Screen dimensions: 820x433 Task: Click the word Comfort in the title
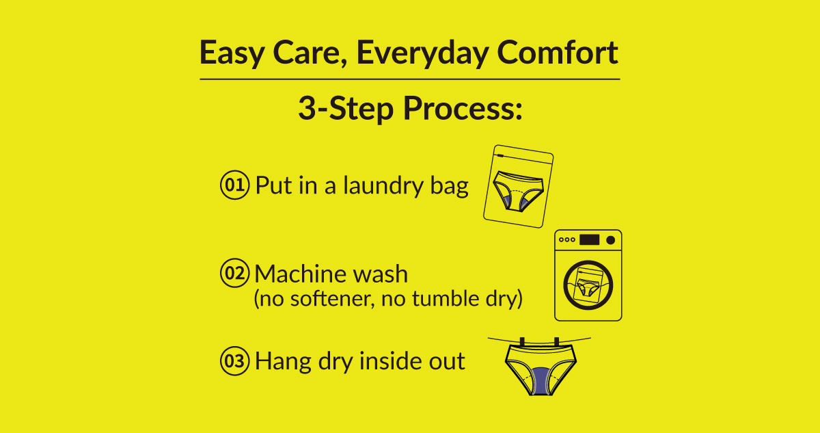pos(558,53)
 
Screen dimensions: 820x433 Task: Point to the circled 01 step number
pos(234,185)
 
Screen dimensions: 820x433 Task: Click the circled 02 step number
pos(234,273)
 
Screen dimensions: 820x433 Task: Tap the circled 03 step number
pos(234,361)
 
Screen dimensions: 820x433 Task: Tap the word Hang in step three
pos(283,362)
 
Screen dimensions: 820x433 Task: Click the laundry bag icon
pos(519,186)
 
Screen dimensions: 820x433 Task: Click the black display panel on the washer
pos(589,240)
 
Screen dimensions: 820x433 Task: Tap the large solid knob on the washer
pos(611,240)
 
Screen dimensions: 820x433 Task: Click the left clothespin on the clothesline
pos(522,342)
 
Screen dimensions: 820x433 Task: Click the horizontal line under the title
pos(409,79)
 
